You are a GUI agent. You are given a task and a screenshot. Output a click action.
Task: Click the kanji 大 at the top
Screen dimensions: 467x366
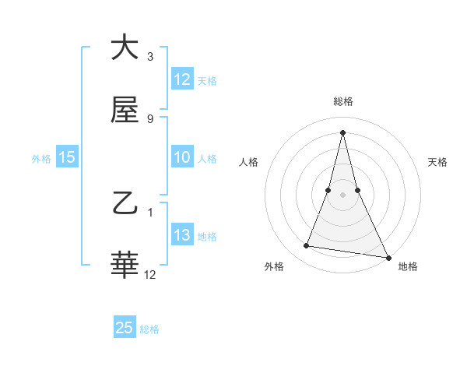click(x=125, y=48)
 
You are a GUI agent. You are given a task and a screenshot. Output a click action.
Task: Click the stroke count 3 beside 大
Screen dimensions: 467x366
click(x=150, y=57)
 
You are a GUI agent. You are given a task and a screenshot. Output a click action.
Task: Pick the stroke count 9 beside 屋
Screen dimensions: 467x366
click(x=150, y=119)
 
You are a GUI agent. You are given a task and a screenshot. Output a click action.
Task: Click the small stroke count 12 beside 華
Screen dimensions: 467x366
click(x=150, y=275)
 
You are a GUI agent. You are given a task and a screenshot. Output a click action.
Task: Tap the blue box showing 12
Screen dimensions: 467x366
click(x=182, y=79)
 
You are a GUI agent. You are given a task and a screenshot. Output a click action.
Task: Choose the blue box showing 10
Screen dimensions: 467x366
click(x=182, y=157)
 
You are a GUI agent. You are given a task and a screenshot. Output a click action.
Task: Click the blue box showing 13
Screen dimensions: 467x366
click(x=182, y=235)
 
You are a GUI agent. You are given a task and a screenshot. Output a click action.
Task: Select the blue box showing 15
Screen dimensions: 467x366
click(x=67, y=157)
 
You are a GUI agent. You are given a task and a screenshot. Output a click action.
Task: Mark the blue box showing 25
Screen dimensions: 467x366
click(x=125, y=328)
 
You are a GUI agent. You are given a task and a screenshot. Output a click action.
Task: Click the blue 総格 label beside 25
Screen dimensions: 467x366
click(x=149, y=329)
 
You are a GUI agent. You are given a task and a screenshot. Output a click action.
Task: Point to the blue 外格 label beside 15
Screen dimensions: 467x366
click(x=41, y=158)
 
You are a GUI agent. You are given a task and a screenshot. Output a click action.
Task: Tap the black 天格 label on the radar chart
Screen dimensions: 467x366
click(x=437, y=162)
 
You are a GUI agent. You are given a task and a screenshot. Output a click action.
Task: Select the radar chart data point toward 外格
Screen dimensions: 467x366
click(x=307, y=246)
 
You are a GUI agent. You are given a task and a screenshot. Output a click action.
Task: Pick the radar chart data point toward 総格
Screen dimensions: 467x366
click(x=342, y=132)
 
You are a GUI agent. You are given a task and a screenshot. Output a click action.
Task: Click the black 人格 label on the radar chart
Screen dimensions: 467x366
click(x=248, y=162)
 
